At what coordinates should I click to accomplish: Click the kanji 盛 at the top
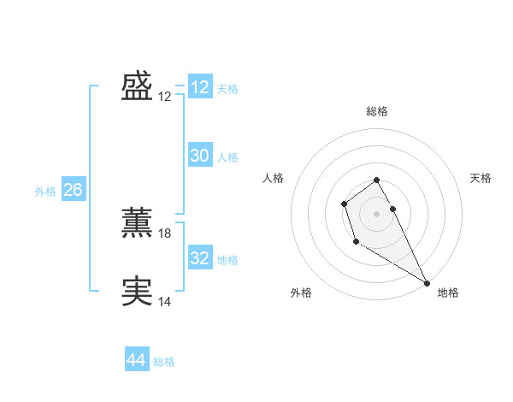click(x=137, y=86)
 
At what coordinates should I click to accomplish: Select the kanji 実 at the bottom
click(x=137, y=292)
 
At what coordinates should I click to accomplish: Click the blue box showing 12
click(x=200, y=87)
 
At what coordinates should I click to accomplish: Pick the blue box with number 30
click(x=200, y=156)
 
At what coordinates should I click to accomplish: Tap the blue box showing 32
click(x=200, y=258)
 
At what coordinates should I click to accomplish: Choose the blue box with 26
click(x=73, y=190)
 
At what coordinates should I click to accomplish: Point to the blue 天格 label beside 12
click(x=227, y=88)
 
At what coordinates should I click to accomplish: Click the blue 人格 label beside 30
click(x=227, y=157)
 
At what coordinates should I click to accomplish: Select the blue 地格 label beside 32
click(x=227, y=259)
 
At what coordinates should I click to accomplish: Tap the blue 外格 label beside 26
click(x=45, y=192)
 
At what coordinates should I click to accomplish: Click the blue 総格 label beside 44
click(x=164, y=362)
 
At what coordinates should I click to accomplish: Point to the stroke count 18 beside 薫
click(x=165, y=233)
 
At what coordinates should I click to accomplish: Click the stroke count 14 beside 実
click(x=165, y=301)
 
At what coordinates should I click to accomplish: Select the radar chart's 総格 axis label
click(x=377, y=111)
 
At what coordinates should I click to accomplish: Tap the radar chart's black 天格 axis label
click(x=481, y=178)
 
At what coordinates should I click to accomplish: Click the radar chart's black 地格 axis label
click(x=448, y=293)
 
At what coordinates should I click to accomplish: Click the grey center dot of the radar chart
click(x=376, y=213)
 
